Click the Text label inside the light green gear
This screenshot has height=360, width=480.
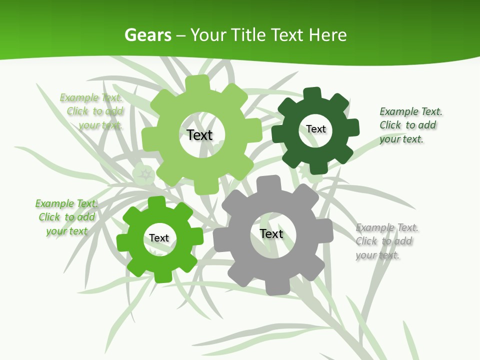(x=200, y=135)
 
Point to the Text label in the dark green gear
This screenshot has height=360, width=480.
(x=316, y=129)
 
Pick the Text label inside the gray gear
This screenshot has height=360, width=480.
(x=271, y=234)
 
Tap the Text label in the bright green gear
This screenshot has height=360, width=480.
(x=159, y=238)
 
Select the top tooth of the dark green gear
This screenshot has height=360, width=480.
(x=312, y=93)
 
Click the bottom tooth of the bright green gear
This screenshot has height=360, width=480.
(x=162, y=276)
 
